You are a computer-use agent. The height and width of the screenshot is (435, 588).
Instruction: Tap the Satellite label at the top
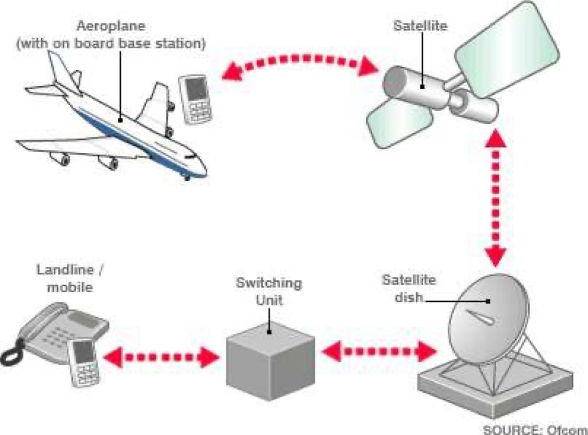pos(420,25)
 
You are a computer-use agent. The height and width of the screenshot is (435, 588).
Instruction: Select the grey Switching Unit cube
pos(271,363)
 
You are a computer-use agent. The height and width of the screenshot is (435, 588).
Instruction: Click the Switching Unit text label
pos(269,291)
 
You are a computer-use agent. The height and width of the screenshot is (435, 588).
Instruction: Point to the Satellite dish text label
pos(409,288)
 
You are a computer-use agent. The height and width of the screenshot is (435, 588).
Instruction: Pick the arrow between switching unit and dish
pos(379,351)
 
